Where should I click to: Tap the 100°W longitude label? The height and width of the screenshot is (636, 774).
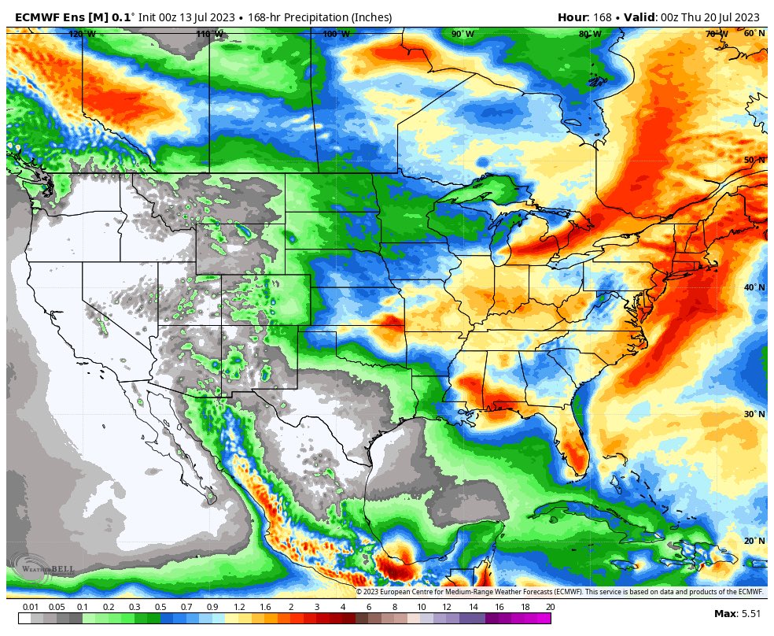336,34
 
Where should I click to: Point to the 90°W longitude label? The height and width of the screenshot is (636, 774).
463,34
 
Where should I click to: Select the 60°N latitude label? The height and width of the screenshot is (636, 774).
754,33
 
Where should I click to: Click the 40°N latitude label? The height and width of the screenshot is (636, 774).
754,287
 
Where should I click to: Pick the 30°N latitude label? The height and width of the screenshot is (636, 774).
754,414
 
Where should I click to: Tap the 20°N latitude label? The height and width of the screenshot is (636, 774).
754,541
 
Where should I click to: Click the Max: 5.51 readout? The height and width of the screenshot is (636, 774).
737,613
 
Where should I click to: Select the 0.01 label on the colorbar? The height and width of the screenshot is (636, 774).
31,607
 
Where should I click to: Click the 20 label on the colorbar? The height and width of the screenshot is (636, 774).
549,607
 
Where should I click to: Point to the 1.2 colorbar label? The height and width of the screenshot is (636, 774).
238,607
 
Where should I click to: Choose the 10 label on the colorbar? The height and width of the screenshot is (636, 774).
422,607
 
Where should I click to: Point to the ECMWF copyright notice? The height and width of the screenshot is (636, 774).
559,592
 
